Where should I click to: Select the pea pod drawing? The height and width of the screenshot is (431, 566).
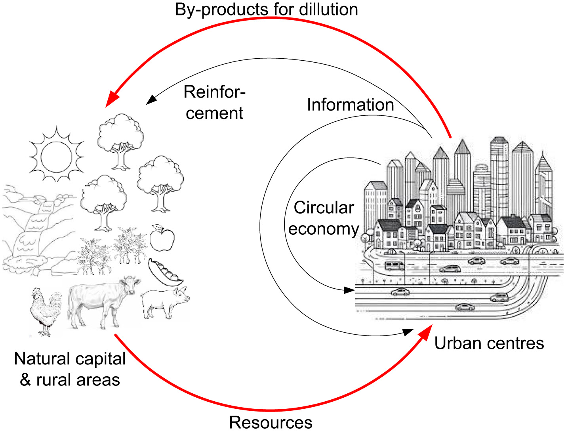click(x=165, y=273)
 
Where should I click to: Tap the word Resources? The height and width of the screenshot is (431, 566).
click(x=271, y=423)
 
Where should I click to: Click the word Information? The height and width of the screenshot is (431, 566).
click(x=350, y=105)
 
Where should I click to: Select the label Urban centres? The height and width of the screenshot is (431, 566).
click(x=489, y=343)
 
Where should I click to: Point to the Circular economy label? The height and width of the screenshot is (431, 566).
click(x=324, y=218)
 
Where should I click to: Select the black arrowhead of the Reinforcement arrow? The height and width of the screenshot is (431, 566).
click(x=151, y=100)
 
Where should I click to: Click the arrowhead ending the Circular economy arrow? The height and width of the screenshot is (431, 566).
click(x=349, y=290)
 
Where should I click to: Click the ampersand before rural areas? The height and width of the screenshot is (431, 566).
click(x=25, y=380)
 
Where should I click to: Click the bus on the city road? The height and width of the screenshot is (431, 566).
click(x=394, y=265)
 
